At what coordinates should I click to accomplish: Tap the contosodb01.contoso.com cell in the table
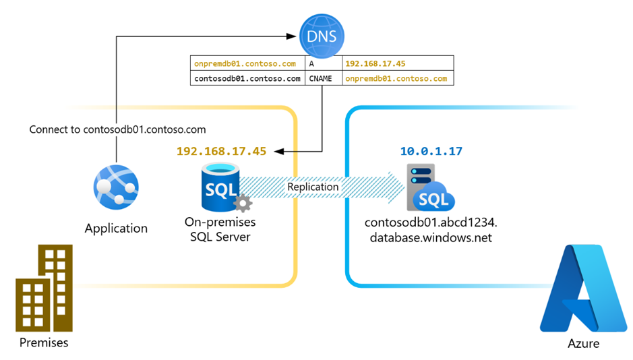(247, 78)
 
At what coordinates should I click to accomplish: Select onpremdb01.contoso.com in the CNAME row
(396, 78)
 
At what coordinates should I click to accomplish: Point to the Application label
(116, 229)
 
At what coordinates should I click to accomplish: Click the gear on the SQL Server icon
(241, 203)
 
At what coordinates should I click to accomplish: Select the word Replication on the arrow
(313, 186)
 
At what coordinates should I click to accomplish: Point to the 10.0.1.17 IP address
(431, 151)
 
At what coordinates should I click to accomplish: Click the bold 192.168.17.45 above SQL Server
(221, 151)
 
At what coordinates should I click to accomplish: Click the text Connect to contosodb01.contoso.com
(118, 129)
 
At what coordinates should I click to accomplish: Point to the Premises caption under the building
(44, 342)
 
